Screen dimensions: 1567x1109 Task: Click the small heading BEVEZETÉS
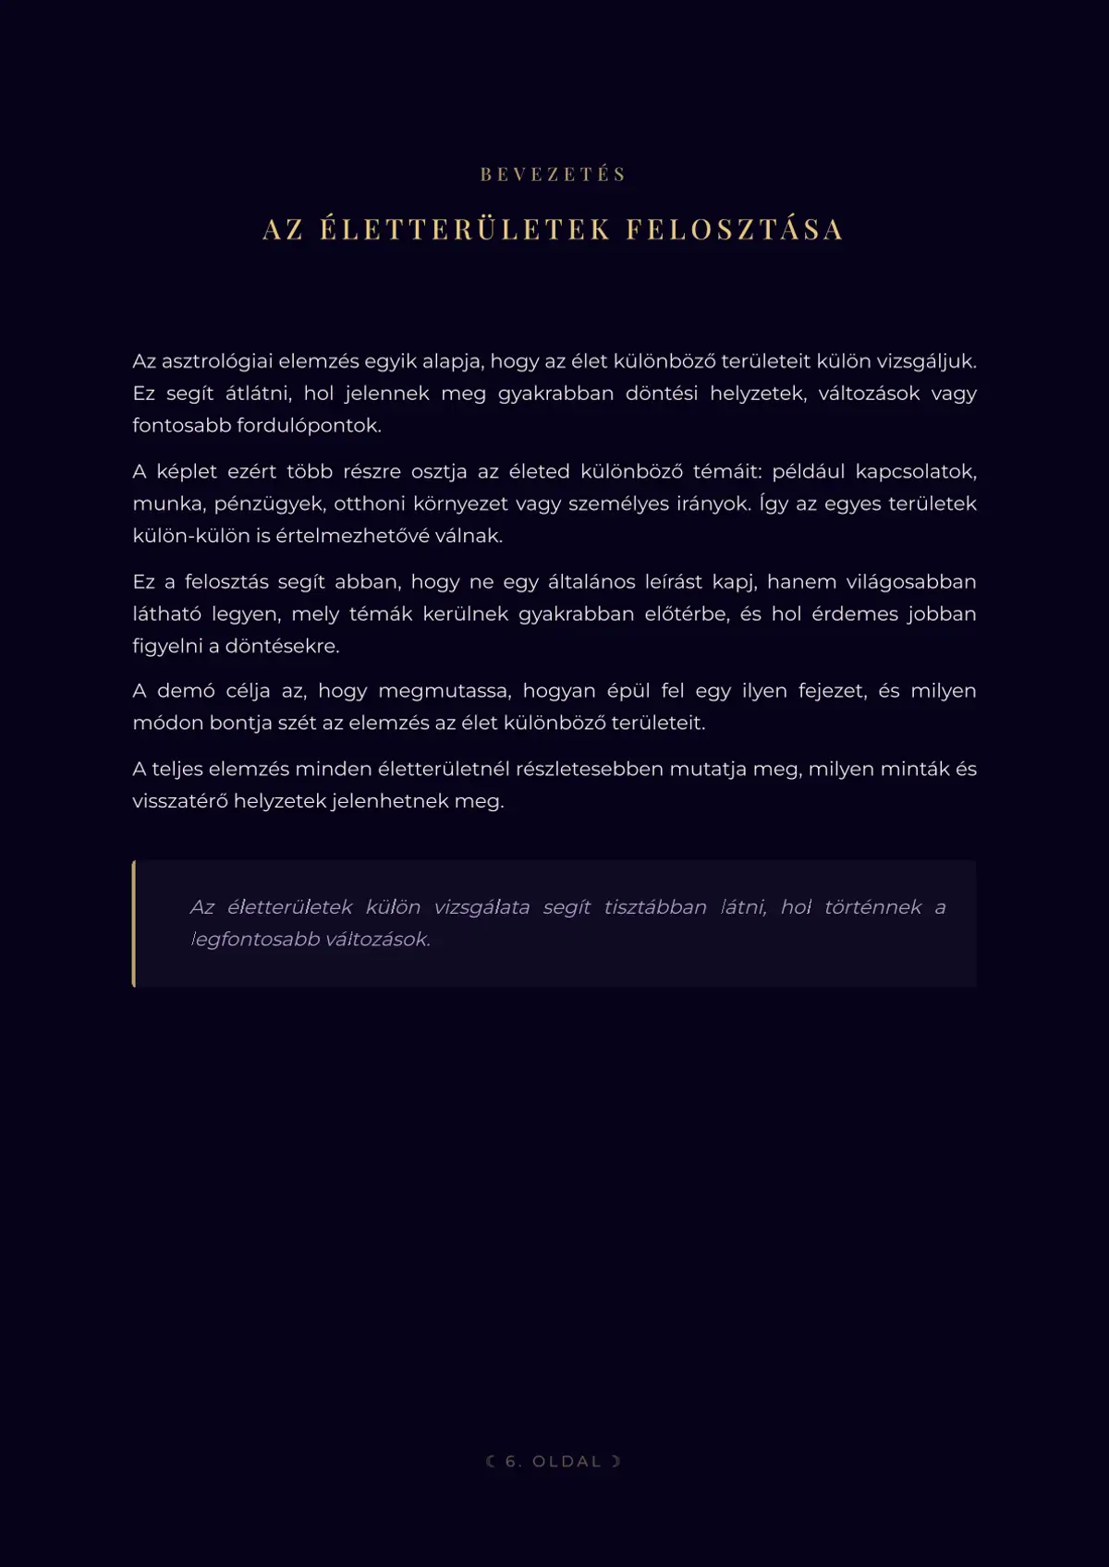(554, 175)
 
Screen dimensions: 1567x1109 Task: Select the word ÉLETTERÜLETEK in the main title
(466, 229)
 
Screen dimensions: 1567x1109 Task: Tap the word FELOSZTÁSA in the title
(735, 229)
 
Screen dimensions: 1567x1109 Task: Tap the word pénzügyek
(268, 504)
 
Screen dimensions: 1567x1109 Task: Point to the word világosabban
(911, 582)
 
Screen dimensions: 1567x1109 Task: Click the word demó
(186, 691)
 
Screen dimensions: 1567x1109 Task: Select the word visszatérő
(179, 801)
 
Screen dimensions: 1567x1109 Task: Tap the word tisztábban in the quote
(655, 907)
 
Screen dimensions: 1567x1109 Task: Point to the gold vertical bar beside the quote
(134, 924)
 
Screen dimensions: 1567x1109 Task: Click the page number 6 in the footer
(514, 1462)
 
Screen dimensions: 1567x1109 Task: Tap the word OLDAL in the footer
(567, 1462)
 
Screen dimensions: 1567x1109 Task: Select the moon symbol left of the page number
(491, 1462)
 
